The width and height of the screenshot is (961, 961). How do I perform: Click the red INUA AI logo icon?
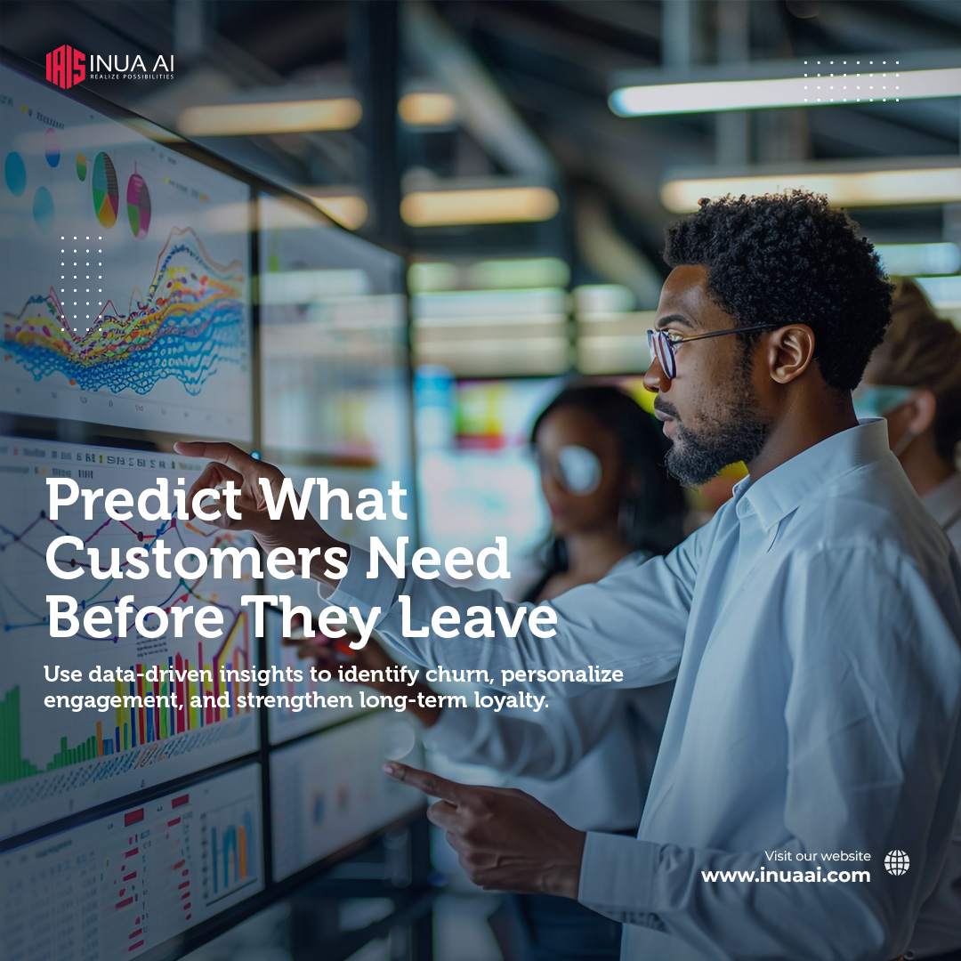(65, 68)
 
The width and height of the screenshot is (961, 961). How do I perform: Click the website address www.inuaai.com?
(786, 876)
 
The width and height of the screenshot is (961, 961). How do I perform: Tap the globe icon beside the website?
(897, 862)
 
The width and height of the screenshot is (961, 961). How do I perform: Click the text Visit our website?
(818, 856)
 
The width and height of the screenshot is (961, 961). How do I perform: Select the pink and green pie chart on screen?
(138, 204)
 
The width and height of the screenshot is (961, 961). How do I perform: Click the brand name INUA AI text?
(131, 64)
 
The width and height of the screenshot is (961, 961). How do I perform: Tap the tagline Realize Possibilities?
(131, 77)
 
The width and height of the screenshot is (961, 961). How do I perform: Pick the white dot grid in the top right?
(851, 81)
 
